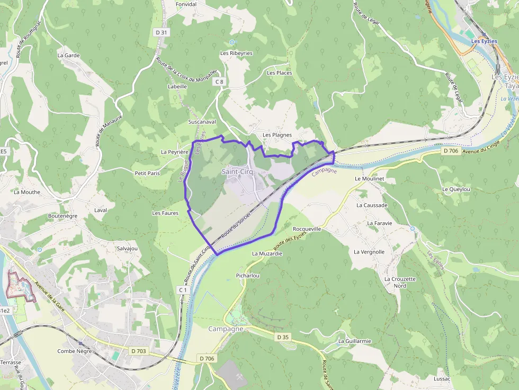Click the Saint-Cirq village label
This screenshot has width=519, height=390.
click(x=237, y=171)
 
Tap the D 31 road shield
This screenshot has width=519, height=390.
click(x=162, y=32)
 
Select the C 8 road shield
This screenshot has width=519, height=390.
click(x=219, y=81)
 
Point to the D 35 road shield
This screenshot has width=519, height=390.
click(x=282, y=337)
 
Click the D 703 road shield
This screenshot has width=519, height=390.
click(x=139, y=350)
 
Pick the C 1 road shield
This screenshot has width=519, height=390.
click(x=183, y=290)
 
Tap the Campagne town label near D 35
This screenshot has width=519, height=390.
click(x=226, y=329)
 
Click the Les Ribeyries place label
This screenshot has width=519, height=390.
click(x=236, y=53)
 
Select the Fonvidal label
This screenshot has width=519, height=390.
click(x=186, y=4)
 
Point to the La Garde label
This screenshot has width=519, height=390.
click(x=68, y=55)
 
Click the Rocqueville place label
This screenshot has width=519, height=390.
click(x=307, y=229)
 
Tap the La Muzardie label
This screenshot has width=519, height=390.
click(x=267, y=253)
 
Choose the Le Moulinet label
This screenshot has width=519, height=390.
click(x=369, y=179)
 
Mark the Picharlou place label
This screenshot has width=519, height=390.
click(x=247, y=276)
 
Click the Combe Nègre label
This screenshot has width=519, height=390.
click(x=75, y=351)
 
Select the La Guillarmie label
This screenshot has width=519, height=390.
click(x=354, y=341)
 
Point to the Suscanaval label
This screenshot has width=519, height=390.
click(x=202, y=122)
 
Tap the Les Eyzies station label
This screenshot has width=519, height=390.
click(x=483, y=41)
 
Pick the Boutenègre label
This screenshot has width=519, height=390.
click(x=62, y=216)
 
